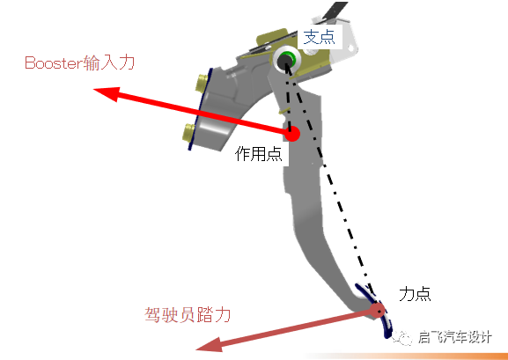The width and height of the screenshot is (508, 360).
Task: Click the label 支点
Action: click(x=319, y=38)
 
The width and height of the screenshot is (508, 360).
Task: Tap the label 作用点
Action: click(x=259, y=154)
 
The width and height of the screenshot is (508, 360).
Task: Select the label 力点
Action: click(x=415, y=294)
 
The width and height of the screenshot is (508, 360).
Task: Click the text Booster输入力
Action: click(x=80, y=62)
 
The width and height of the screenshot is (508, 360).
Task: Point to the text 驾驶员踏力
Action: click(x=188, y=314)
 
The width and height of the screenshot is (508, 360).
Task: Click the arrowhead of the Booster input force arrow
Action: click(x=107, y=93)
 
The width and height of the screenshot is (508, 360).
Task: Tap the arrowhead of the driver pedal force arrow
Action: click(x=209, y=345)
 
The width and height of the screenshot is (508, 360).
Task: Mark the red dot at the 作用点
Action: click(x=292, y=134)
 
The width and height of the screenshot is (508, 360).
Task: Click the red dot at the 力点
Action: click(x=378, y=310)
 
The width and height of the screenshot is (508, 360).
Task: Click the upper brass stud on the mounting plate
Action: click(x=202, y=82)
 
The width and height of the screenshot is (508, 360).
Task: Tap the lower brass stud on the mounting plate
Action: click(x=189, y=133)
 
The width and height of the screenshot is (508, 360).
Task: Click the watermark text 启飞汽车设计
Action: click(x=455, y=337)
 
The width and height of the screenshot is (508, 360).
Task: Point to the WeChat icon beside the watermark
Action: click(x=402, y=338)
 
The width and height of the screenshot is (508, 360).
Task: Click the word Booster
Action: click(x=54, y=63)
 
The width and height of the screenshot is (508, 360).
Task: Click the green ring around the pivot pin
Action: click(x=286, y=59)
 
